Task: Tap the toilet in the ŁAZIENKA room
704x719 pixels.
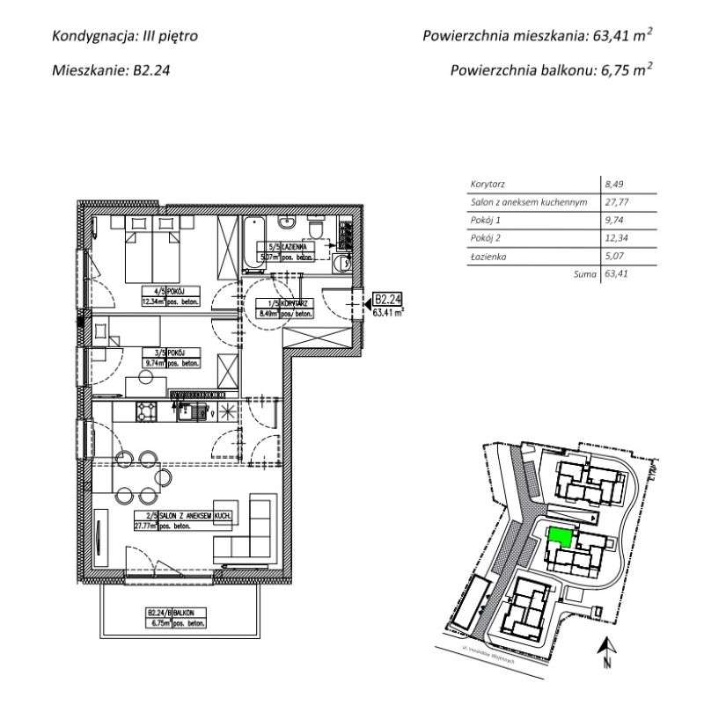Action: coord(318,230)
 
